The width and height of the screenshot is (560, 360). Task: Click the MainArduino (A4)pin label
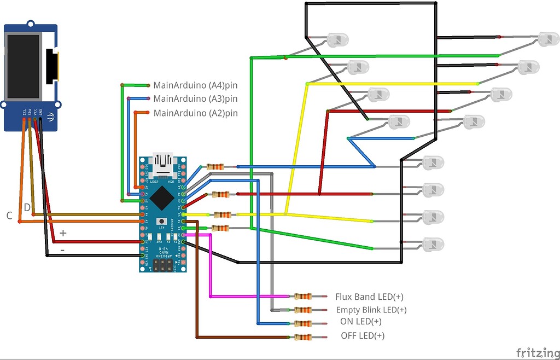point(195,85)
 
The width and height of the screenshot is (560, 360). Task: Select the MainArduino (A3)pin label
point(195,99)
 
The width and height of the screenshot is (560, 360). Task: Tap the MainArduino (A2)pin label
point(195,113)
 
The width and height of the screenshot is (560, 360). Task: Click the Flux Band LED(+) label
point(369,297)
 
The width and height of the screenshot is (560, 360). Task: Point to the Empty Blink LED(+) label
point(371,310)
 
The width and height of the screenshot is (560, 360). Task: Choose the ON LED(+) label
point(361,322)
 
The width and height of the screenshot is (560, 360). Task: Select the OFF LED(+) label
point(362,336)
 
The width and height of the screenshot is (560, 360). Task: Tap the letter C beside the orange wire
point(9,216)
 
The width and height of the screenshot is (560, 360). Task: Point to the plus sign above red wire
point(63,233)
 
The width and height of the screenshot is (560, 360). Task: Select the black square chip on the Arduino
point(162,198)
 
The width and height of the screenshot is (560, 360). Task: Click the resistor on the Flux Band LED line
point(302,297)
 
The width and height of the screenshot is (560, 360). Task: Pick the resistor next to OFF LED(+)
point(302,337)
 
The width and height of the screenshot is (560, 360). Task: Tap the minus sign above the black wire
point(62,249)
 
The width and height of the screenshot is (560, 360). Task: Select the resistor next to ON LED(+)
point(302,323)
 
